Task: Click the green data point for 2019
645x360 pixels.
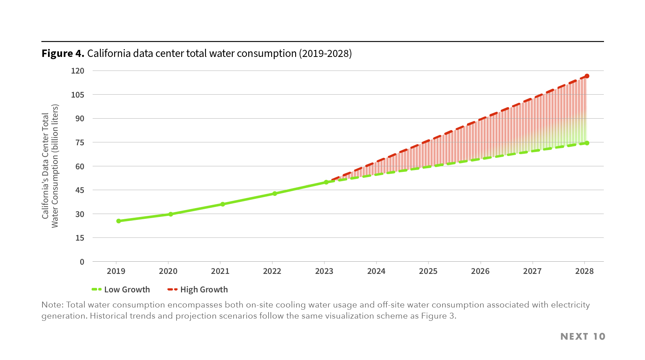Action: click(x=119, y=221)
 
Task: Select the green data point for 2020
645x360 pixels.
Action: click(x=171, y=214)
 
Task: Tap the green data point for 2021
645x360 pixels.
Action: click(x=222, y=204)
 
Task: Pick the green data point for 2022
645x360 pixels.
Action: click(x=274, y=193)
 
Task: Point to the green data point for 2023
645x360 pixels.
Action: click(x=326, y=182)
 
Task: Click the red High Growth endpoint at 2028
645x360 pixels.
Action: click(x=587, y=76)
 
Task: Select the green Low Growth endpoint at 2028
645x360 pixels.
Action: click(x=587, y=143)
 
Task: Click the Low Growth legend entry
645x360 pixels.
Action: click(x=121, y=289)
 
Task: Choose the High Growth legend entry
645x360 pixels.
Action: click(x=198, y=289)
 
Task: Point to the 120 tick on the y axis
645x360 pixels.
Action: click(x=78, y=71)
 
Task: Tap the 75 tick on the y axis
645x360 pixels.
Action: click(x=80, y=142)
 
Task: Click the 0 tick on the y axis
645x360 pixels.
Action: click(x=82, y=262)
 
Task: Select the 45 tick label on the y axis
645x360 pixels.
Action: click(x=80, y=190)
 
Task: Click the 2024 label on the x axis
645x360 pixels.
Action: click(x=376, y=271)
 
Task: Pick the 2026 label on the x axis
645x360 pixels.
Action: click(x=480, y=271)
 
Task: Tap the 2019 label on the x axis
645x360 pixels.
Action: click(x=116, y=271)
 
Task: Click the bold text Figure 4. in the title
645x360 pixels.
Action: click(x=63, y=54)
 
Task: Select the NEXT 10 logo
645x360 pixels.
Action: click(x=583, y=336)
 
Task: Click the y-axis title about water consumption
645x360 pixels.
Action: click(x=50, y=166)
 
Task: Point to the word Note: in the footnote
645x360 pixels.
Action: click(x=52, y=305)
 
